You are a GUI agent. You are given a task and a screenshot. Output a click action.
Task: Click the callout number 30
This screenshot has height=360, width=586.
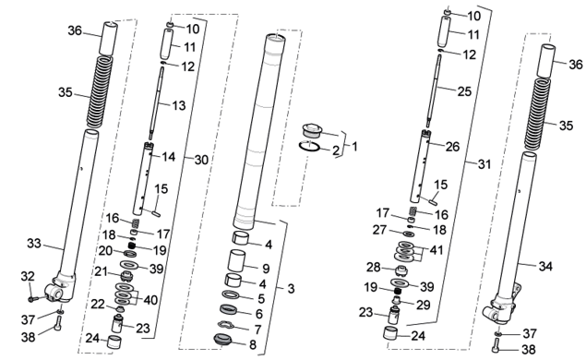pyautogui.click(x=201, y=160)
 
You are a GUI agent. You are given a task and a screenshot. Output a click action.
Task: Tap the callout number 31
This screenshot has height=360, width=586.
pyautogui.click(x=484, y=164)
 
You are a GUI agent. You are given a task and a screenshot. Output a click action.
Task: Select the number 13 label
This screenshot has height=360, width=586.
pyautogui.click(x=179, y=106)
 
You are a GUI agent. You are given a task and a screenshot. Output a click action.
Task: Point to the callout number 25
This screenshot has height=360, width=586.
pyautogui.click(x=464, y=91)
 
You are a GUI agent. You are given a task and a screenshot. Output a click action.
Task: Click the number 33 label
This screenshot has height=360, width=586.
pyautogui.click(x=34, y=244)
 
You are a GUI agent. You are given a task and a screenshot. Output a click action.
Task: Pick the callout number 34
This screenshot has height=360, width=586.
pyautogui.click(x=545, y=267)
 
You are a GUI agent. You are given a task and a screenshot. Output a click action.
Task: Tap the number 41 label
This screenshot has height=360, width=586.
pyautogui.click(x=437, y=250)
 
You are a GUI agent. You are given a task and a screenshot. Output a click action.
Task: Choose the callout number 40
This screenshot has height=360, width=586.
pyautogui.click(x=150, y=300)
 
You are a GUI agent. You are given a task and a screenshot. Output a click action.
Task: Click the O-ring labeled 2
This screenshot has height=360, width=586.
pyautogui.click(x=309, y=146)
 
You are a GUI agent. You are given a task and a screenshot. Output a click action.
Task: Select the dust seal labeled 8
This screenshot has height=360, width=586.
pyautogui.click(x=223, y=339)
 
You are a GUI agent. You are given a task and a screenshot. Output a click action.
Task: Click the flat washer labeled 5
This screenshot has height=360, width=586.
pyautogui.click(x=231, y=294)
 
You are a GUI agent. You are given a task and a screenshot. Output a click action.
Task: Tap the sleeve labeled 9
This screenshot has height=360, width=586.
pyautogui.click(x=237, y=260)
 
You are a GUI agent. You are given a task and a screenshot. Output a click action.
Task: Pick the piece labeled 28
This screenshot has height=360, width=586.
pyautogui.click(x=401, y=270)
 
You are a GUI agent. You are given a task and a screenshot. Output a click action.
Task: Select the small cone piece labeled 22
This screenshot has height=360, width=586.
pyautogui.click(x=120, y=309)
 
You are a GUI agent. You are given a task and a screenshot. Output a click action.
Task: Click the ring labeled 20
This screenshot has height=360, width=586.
pyautogui.click(x=130, y=254)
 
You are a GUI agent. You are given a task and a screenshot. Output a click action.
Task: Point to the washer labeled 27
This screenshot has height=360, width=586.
pyautogui.click(x=409, y=234)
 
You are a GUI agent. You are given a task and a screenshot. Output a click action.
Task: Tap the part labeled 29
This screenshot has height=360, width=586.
pyautogui.click(x=397, y=299)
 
